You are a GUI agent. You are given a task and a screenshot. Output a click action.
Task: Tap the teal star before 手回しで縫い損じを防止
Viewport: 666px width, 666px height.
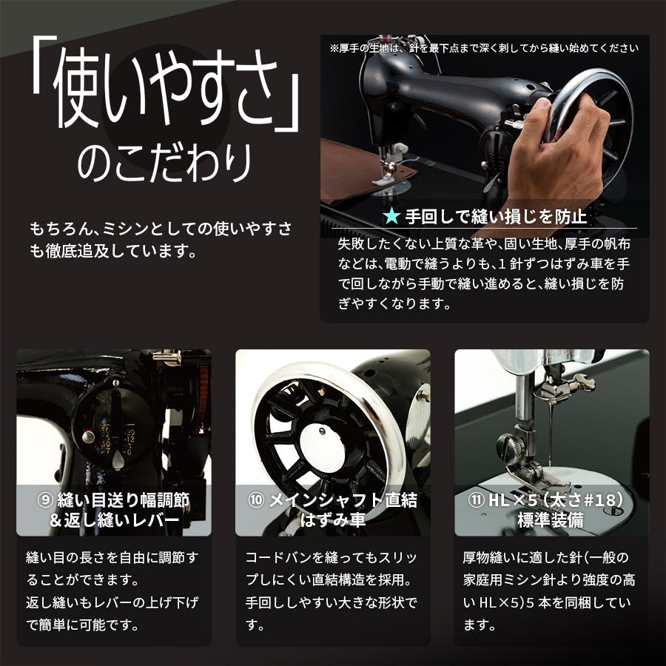click(x=391, y=217)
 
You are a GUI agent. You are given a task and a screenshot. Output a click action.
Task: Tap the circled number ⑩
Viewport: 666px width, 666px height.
click(x=256, y=500)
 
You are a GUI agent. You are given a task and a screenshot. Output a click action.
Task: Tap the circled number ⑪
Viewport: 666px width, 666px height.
click(x=475, y=500)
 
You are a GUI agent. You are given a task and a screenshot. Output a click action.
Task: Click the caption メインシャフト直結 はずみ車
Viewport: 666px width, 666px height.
click(x=333, y=510)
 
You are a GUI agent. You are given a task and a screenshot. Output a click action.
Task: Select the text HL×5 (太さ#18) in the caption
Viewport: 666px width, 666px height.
click(x=561, y=500)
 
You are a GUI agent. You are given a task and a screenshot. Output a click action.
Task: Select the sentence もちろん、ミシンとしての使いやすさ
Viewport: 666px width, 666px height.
click(x=161, y=227)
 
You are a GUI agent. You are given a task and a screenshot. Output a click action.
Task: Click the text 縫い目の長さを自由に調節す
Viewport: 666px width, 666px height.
click(x=112, y=557)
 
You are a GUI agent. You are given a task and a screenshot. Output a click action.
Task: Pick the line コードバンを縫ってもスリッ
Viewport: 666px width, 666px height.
click(x=332, y=557)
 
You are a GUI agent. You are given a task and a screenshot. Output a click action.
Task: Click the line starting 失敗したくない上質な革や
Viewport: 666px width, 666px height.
click(x=484, y=244)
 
